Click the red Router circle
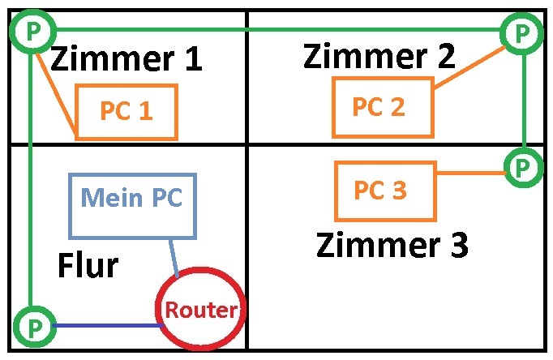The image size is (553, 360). [199, 309]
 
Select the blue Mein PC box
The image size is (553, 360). [132, 206]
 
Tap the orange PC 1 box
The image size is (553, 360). [126, 112]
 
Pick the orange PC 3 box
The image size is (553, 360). [385, 191]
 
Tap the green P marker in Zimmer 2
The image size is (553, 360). [519, 32]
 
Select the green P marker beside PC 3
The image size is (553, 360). [523, 168]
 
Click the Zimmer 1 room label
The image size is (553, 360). [126, 59]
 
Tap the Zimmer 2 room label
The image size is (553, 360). [379, 56]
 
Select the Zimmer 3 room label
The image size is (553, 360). [392, 244]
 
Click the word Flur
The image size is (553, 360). [88, 265]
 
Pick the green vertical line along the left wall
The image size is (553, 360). [30, 178]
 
